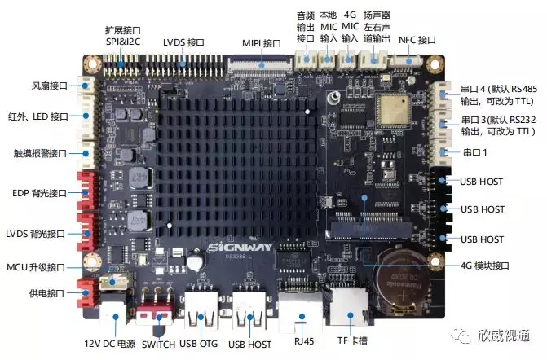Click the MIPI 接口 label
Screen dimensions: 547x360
click(x=262, y=43)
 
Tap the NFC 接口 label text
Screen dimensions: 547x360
click(x=417, y=40)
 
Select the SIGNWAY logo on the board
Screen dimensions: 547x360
click(x=240, y=248)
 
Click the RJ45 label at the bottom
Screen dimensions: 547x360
click(x=304, y=340)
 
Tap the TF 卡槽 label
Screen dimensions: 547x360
click(x=352, y=340)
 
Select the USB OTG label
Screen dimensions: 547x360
click(x=198, y=344)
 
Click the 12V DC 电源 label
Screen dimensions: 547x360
click(x=109, y=344)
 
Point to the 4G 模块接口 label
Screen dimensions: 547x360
click(x=485, y=266)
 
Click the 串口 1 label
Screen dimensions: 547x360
click(x=474, y=152)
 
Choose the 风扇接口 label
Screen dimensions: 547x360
click(x=50, y=86)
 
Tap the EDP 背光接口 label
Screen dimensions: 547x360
click(x=39, y=193)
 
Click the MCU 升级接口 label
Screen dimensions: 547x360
click(x=36, y=267)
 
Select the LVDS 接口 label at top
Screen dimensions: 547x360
click(x=183, y=42)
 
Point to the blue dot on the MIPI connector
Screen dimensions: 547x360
click(x=262, y=65)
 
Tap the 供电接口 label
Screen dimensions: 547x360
click(x=46, y=293)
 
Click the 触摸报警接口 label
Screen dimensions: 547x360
click(x=40, y=153)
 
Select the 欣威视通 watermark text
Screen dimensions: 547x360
click(x=504, y=336)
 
